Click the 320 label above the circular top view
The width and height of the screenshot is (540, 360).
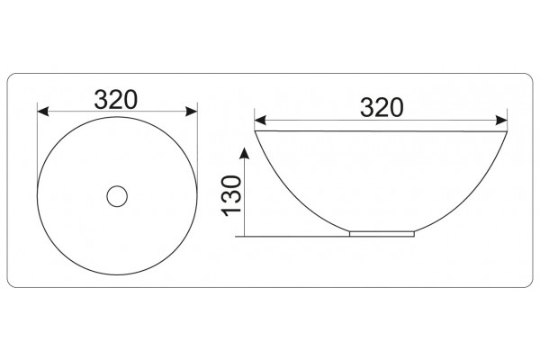[x=116, y=100]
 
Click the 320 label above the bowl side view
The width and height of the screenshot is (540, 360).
[x=382, y=107]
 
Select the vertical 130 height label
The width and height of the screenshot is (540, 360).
[x=232, y=196]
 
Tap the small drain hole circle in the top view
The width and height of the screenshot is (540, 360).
[x=117, y=196]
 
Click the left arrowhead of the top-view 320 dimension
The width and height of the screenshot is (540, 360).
[x=42, y=112]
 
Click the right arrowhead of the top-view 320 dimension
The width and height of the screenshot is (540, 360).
[x=192, y=112]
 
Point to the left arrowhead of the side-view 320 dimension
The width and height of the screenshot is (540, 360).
[x=260, y=121]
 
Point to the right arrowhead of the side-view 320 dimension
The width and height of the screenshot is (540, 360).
[x=501, y=121]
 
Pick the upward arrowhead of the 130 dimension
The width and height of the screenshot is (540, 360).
[x=244, y=153]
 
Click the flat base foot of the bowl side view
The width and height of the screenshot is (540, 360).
[x=382, y=234]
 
